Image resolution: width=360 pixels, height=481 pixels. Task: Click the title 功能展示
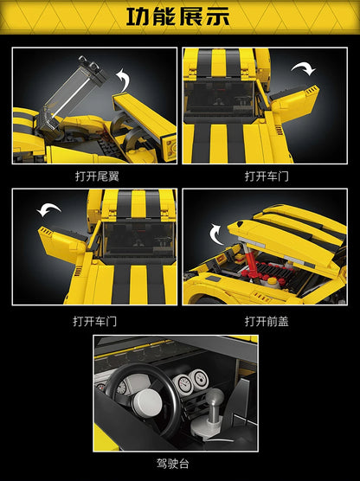point(179,16)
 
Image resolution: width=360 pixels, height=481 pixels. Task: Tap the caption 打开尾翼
point(94,176)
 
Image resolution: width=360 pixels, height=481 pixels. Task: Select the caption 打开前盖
point(264,320)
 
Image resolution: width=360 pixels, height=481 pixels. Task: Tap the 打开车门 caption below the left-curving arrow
point(94,320)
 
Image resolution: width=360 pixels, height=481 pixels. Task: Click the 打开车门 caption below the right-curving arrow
point(264,176)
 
